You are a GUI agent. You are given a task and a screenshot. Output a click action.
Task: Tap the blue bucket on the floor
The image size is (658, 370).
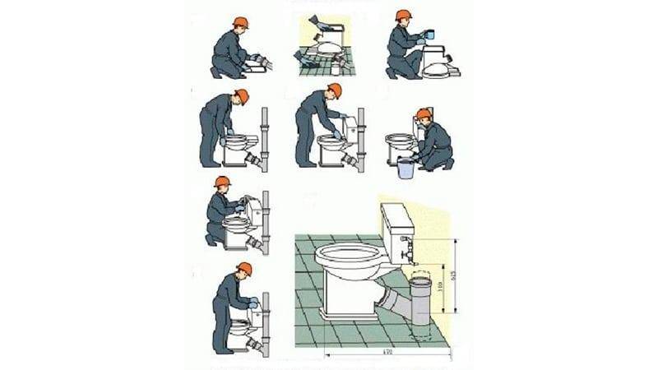pos(405,168)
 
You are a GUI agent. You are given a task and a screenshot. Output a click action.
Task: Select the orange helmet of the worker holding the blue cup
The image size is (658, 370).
pos(403,16)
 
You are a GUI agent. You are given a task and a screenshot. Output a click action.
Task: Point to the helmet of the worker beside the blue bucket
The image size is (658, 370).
pos(424,114)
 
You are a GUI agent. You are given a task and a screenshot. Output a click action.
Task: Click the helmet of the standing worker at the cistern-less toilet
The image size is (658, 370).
pos(241,95)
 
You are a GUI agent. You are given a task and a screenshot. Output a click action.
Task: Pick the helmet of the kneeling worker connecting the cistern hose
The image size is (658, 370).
pos(223,182)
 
